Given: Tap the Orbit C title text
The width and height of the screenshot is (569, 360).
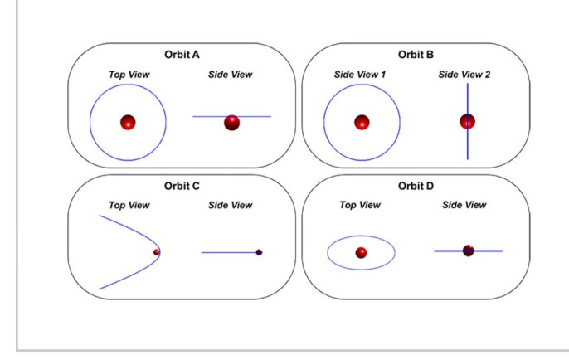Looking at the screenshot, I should (181, 186).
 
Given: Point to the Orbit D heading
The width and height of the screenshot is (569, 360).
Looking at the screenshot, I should (415, 186).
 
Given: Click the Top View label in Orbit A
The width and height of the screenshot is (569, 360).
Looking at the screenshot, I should (129, 75).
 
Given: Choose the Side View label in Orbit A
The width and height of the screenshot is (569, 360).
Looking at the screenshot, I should (231, 75).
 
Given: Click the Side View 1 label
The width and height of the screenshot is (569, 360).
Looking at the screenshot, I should (362, 75).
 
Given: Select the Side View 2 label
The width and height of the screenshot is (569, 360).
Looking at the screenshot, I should (465, 75).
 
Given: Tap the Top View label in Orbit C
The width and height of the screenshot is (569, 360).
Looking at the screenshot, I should (129, 205).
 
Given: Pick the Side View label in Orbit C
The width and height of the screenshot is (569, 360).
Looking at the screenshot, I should (231, 205).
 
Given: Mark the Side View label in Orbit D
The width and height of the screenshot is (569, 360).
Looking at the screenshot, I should (464, 205).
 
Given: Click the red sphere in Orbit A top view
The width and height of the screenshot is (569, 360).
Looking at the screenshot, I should (128, 123).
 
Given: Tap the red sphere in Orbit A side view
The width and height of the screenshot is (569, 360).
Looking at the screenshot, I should (231, 122).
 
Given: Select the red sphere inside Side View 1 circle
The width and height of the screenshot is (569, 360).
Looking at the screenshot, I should (362, 123).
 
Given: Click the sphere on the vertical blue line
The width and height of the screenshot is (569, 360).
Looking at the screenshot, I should (468, 121).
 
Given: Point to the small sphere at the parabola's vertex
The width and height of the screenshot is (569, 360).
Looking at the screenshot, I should (156, 251).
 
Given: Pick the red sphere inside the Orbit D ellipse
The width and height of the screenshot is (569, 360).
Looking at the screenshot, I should (361, 252).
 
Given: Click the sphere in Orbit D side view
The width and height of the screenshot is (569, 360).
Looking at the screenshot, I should (468, 250).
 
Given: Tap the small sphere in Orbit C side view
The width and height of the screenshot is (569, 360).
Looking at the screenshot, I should (259, 252).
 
